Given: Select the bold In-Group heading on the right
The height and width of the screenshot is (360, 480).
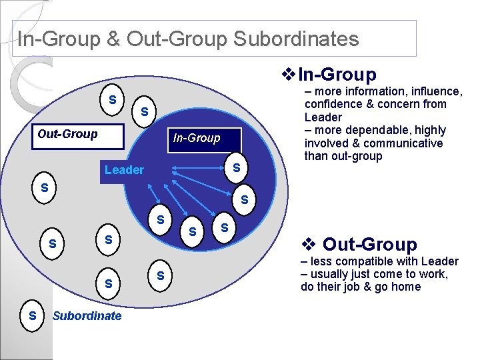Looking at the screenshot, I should click(337, 75).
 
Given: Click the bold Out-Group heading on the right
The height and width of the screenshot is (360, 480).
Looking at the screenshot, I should click(369, 245).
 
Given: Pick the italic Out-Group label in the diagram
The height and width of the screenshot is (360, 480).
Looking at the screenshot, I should click(67, 133).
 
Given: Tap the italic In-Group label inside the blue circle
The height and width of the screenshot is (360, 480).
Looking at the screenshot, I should click(196, 138).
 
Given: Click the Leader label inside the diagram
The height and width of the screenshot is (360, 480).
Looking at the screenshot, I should click(124, 170).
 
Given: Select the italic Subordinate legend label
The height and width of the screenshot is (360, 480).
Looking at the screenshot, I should click(87, 316).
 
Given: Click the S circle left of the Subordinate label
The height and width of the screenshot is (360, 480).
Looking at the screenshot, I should click(32, 314).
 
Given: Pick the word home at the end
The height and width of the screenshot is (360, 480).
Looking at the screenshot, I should click(406, 287).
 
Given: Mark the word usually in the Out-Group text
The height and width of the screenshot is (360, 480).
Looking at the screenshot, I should click(331, 274).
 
